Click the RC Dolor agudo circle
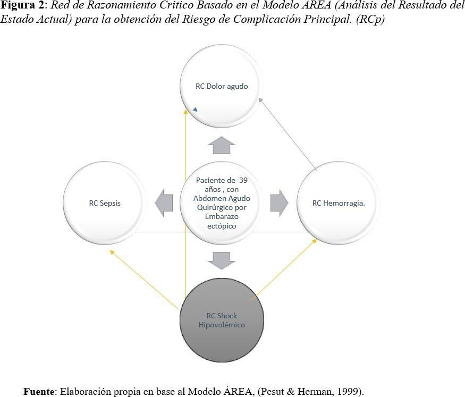click(x=222, y=86)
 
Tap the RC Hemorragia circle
click(x=339, y=203)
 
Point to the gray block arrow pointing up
click(x=222, y=145)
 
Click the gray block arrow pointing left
click(x=164, y=203)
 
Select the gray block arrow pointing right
click(x=280, y=203)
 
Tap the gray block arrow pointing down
click(x=222, y=261)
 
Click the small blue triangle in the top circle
click(x=195, y=109)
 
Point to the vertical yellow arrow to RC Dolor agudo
click(x=185, y=203)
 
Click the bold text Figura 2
click(x=22, y=5)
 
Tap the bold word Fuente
click(x=39, y=391)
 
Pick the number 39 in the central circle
click(x=243, y=180)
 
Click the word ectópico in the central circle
click(x=222, y=226)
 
